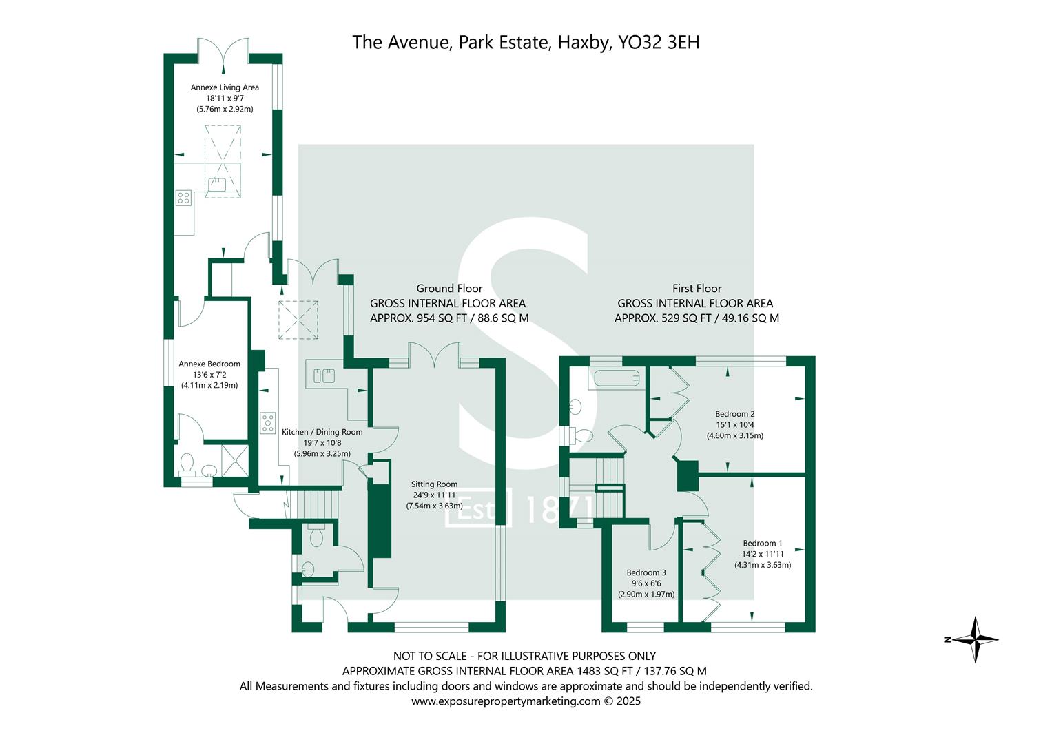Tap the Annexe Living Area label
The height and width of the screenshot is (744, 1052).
[x=225, y=87]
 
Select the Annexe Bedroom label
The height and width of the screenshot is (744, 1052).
[x=209, y=364]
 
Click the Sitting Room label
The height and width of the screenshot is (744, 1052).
[x=434, y=484]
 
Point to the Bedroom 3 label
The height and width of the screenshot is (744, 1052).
[x=646, y=572]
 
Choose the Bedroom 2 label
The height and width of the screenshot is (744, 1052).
[x=734, y=414]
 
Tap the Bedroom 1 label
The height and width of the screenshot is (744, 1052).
[x=762, y=543]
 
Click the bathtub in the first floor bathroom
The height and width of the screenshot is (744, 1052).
[x=617, y=378]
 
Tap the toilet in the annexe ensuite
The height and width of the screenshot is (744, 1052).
[x=187, y=463]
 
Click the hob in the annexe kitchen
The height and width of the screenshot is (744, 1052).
[x=183, y=198]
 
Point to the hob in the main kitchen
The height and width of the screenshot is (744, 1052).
[x=267, y=422]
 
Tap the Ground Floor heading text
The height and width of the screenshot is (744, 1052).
[x=448, y=289]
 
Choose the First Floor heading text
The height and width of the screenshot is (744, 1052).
[x=697, y=289]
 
